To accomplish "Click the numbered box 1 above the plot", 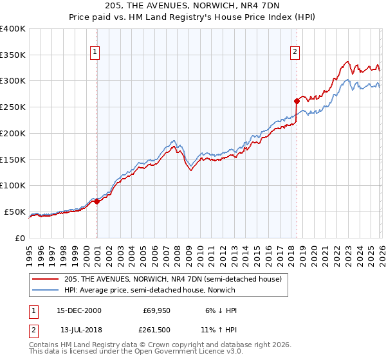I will coord(95,52).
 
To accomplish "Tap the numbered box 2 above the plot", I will coord(295,52).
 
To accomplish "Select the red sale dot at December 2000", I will coord(97,201).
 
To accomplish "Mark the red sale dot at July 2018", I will coord(297,100).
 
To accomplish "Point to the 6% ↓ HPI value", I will coord(220,310).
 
